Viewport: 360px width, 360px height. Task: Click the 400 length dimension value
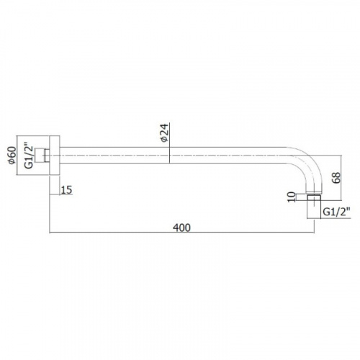(x=181, y=228)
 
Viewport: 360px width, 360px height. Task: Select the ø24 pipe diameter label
(x=166, y=133)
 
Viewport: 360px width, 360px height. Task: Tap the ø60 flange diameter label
(x=12, y=156)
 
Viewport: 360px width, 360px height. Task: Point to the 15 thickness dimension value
(x=66, y=190)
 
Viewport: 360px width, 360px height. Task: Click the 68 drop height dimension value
(x=337, y=178)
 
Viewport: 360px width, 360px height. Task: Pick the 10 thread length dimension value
(x=292, y=197)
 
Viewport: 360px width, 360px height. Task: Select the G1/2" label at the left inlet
(x=29, y=156)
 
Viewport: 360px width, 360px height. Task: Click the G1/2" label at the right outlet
(x=336, y=212)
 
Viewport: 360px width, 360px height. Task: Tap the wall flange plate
(x=55, y=156)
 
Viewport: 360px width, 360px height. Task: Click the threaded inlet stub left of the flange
(x=42, y=156)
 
